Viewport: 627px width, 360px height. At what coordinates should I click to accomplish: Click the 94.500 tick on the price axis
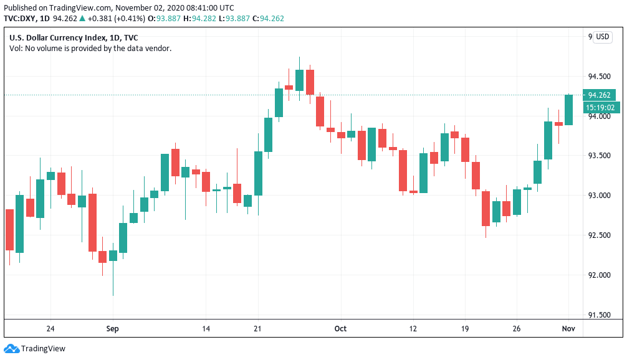click(x=600, y=77)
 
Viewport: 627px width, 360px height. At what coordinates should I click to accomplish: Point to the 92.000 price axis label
click(x=600, y=275)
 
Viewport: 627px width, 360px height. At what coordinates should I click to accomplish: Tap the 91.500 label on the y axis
click(x=600, y=315)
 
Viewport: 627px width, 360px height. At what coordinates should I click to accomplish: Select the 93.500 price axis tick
click(x=600, y=156)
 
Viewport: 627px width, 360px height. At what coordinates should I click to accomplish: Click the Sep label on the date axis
click(x=112, y=328)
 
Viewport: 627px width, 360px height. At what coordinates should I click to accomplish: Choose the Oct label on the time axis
click(x=340, y=328)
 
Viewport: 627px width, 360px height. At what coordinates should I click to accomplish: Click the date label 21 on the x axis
click(x=257, y=328)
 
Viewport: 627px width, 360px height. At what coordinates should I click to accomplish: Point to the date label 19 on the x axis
click(x=464, y=328)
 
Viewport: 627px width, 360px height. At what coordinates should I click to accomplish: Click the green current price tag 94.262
click(x=600, y=95)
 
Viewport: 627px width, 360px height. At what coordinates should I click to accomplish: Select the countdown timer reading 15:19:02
click(x=600, y=107)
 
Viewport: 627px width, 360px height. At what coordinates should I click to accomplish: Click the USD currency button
click(x=602, y=37)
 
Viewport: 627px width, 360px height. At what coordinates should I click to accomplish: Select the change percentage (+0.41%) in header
click(x=128, y=19)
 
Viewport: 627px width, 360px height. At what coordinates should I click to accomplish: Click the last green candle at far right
click(x=568, y=110)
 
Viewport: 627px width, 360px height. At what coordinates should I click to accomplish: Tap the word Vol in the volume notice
click(x=15, y=49)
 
